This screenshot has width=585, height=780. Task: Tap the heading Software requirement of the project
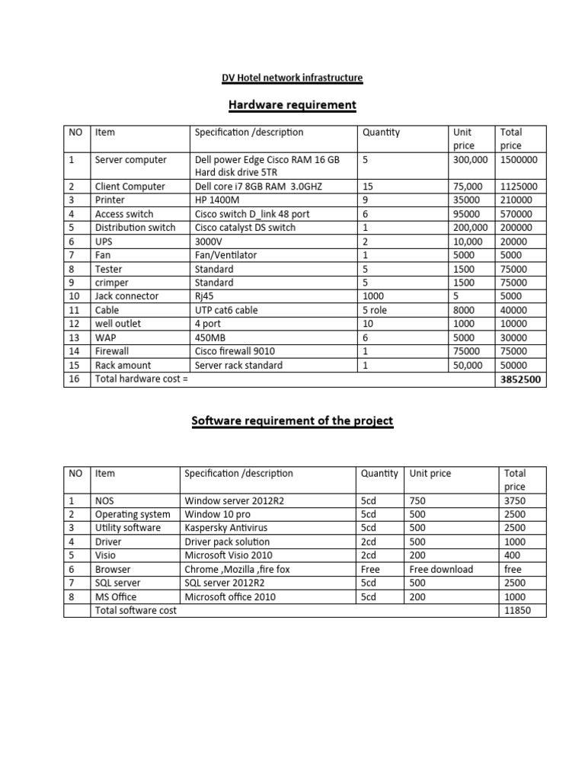(292, 420)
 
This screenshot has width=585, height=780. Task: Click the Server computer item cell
(129, 160)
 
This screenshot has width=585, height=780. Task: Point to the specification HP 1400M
(218, 200)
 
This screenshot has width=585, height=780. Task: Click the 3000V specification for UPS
(210, 241)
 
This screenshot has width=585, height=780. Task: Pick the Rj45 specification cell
(206, 296)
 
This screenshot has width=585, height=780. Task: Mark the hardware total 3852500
(521, 379)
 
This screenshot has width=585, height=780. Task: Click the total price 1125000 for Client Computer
(519, 186)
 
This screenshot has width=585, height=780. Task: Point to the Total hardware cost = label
(141, 379)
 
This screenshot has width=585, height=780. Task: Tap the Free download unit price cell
(441, 569)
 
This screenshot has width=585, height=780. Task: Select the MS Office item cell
(115, 596)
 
